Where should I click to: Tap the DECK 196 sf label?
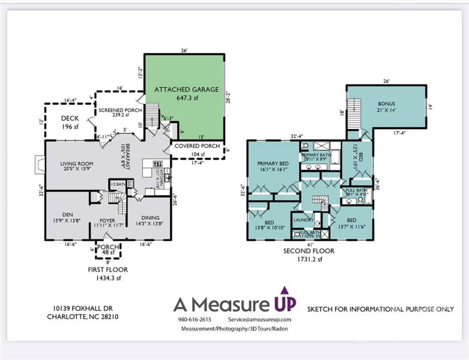coord(70,122)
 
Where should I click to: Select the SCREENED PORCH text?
coord(120,111)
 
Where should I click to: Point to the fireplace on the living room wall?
coord(39,165)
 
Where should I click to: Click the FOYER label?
coord(107,221)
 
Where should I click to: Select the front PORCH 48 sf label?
coord(108,250)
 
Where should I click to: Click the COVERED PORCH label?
coord(197,146)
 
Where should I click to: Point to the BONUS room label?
coord(386,104)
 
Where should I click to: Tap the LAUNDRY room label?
coord(303,220)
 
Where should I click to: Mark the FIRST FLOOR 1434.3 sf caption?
coord(108,274)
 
